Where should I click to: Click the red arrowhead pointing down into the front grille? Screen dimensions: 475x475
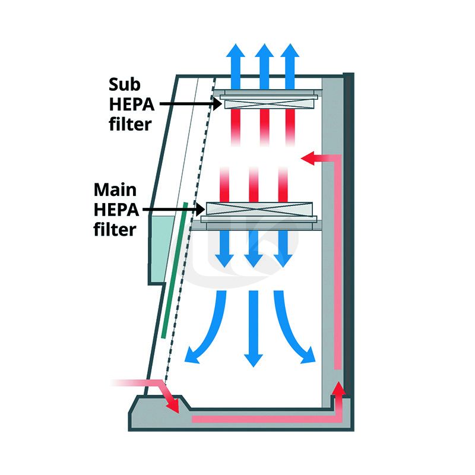(x=173, y=406)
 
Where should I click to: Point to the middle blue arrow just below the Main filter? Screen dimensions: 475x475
(x=254, y=249)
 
